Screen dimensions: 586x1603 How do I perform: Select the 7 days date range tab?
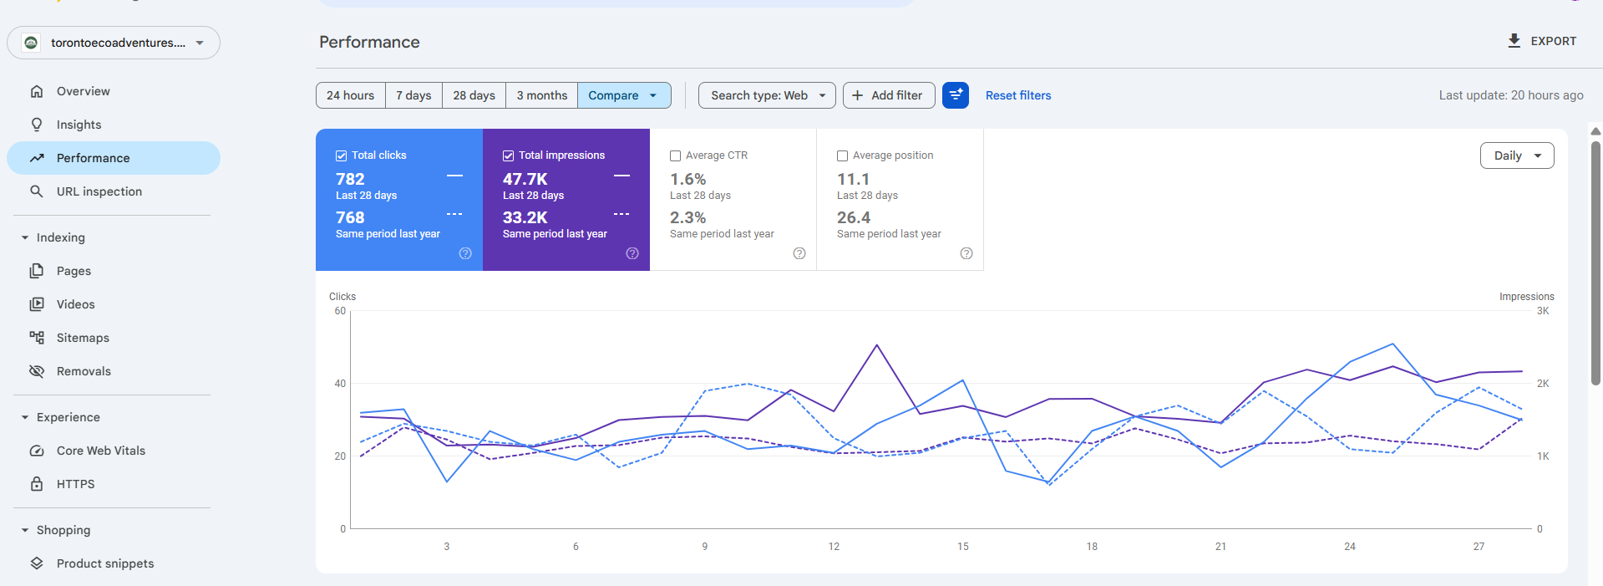coord(413,95)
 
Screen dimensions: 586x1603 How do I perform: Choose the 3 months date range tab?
coord(541,95)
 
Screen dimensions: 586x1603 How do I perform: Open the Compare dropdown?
coord(623,95)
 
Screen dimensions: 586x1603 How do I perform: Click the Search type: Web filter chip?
coord(767,95)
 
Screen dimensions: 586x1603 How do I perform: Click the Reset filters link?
coord(1017,95)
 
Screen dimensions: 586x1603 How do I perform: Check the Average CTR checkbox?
coord(675,155)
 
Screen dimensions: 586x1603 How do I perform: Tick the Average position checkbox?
coord(842,155)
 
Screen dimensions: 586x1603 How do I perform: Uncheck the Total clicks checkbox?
coord(341,155)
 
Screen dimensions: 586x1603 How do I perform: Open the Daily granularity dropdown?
coord(1516,155)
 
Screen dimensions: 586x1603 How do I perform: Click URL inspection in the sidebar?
coord(99,191)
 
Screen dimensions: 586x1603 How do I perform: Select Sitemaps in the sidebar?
coord(83,338)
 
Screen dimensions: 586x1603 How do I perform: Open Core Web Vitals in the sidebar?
coord(100,451)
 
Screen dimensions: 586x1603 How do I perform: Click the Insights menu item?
coord(79,125)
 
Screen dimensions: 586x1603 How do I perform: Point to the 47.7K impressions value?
coord(525,179)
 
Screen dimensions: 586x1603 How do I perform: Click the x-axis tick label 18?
coord(1092,547)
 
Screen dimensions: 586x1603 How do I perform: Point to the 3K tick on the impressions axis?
coord(1542,311)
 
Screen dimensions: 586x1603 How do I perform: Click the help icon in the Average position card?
coord(966,253)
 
